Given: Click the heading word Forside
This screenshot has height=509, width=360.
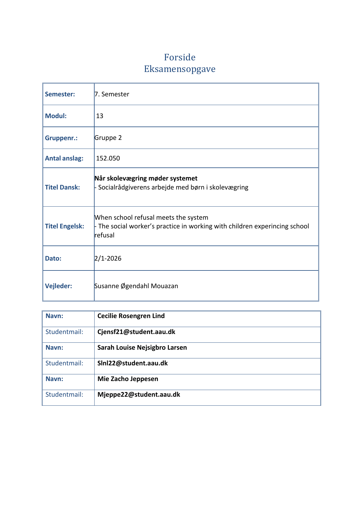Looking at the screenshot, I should tap(180, 57).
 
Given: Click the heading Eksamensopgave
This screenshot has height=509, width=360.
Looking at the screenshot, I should tap(180, 69).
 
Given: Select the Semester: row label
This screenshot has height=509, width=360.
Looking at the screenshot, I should tap(60, 94).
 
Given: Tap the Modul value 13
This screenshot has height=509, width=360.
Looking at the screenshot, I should tap(100, 116).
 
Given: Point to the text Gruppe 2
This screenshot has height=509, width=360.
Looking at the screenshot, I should tap(108, 138).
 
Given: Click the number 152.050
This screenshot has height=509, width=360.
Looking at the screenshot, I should tap(108, 158).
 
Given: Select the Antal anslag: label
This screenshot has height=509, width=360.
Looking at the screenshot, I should tap(64, 158).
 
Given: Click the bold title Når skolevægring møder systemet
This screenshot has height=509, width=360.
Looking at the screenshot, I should tap(146, 178).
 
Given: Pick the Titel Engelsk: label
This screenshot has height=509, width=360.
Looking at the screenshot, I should tap(64, 226).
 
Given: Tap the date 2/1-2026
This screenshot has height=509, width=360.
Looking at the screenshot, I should tap(108, 258).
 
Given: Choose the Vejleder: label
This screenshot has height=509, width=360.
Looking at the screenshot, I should tap(58, 286).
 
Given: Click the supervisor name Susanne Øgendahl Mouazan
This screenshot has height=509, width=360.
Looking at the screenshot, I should tap(136, 286).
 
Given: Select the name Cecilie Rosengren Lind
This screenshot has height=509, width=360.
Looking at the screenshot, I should tap(131, 316).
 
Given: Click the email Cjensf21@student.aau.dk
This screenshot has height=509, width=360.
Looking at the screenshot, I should tap(136, 332).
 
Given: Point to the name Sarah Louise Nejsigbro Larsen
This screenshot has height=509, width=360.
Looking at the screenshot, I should tap(142, 347).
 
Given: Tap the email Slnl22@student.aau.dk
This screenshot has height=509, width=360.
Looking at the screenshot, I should tap(133, 363).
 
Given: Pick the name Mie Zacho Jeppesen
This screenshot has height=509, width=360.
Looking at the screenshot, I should tap(128, 379).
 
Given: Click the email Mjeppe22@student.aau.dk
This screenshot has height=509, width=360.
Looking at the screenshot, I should tap(139, 394).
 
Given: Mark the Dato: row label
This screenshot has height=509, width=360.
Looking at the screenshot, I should tap(53, 258).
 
